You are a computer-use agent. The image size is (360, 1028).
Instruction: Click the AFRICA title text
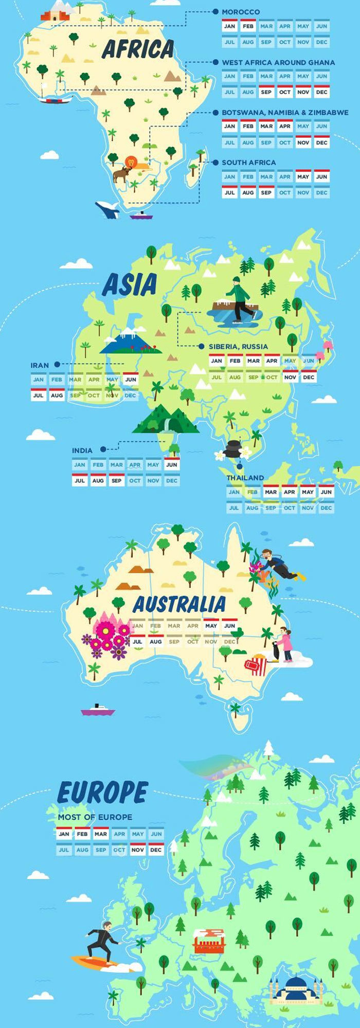point(138,49)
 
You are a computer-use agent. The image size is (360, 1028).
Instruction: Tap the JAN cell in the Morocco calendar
point(229,26)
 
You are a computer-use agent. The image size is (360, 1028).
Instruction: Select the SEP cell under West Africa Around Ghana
point(266,93)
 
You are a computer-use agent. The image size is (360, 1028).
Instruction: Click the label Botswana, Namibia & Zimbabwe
point(285,113)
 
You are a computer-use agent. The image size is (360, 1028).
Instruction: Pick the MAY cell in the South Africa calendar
point(303,177)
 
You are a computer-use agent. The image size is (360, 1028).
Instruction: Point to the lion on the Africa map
point(132,163)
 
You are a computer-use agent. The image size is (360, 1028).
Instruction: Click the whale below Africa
point(107,209)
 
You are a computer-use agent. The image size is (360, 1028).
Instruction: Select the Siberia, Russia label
point(238,347)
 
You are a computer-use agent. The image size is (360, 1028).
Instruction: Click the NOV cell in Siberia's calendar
point(290,377)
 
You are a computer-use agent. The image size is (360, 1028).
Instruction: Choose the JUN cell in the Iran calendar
point(131,380)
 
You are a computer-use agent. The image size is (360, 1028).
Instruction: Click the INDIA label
point(82,450)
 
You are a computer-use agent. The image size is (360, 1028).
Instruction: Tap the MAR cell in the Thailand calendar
point(271,492)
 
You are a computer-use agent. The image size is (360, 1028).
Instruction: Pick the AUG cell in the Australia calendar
point(155,642)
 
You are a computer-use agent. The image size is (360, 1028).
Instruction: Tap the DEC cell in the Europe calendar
point(156,850)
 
